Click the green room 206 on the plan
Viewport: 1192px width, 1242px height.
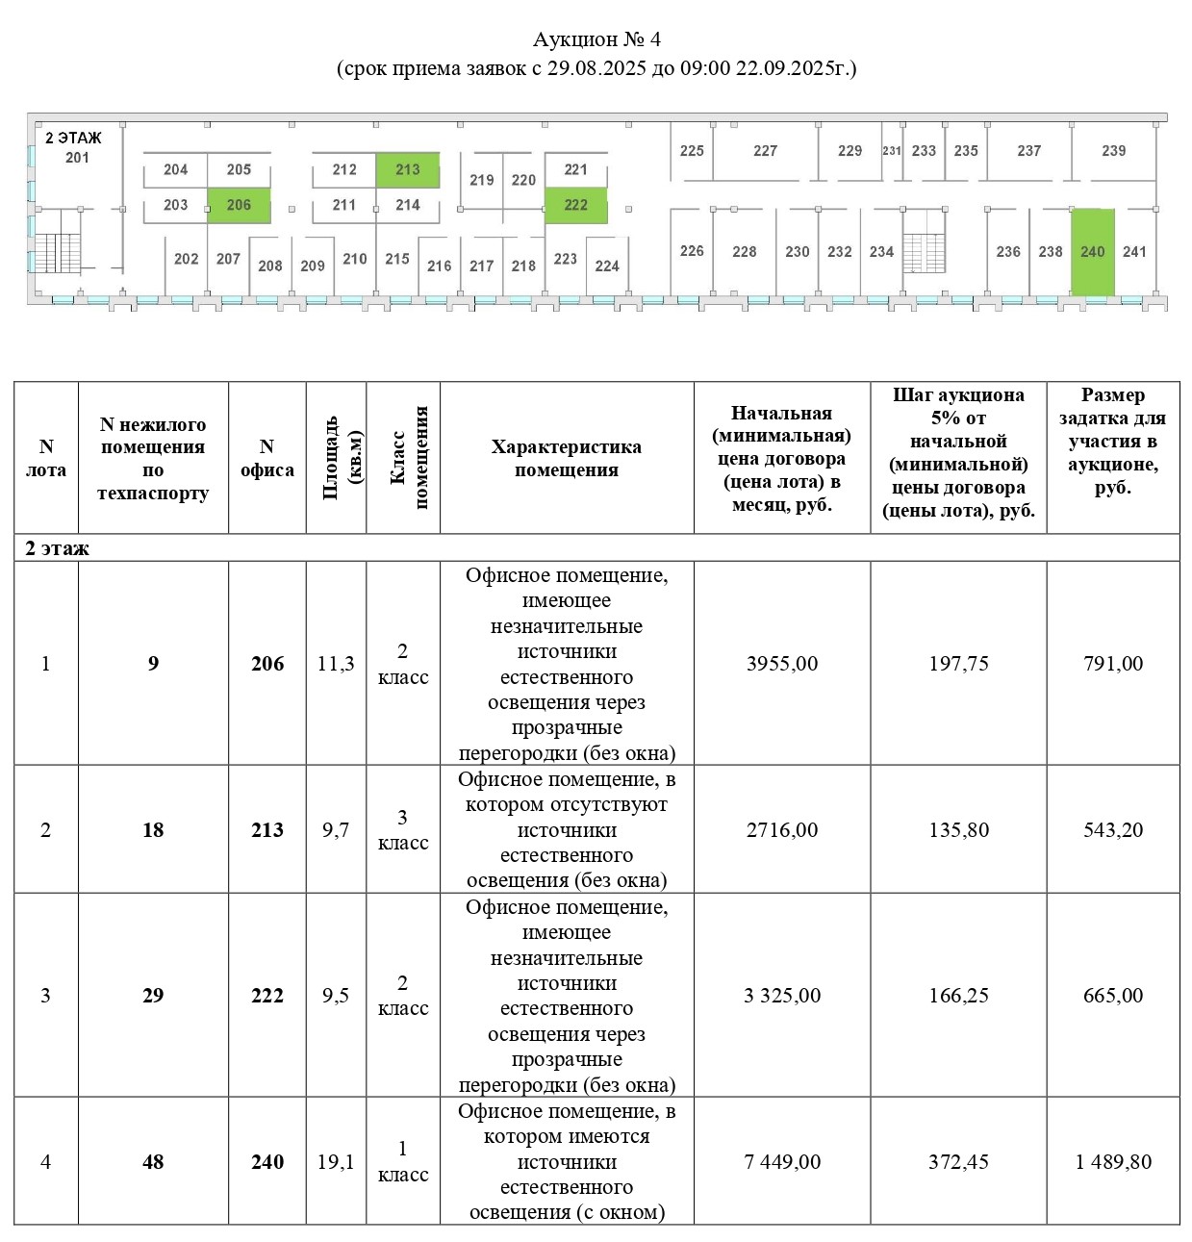[239, 205]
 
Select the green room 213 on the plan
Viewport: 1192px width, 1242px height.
[407, 169]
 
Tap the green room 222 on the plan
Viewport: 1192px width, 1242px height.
[575, 205]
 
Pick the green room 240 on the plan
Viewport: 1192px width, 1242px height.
[1093, 252]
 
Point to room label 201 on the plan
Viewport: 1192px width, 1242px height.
[77, 158]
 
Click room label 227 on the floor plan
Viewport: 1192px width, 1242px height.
[765, 151]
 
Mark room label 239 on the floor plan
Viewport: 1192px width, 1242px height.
[1113, 151]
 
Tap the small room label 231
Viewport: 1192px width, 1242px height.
[892, 151]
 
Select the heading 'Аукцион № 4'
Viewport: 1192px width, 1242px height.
[596, 39]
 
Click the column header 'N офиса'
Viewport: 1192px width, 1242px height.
[266, 458]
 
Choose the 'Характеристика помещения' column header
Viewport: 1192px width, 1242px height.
[566, 458]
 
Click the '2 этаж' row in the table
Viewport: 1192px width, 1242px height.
[58, 548]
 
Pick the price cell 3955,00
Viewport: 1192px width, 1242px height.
[781, 664]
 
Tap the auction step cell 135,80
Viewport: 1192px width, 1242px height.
[958, 830]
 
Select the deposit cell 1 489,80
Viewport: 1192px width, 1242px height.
[1113, 1162]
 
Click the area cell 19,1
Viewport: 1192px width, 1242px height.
[336, 1162]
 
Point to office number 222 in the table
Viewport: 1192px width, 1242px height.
[266, 996]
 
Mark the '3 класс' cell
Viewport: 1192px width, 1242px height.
[402, 830]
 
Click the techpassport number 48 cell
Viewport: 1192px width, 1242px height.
[153, 1162]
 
